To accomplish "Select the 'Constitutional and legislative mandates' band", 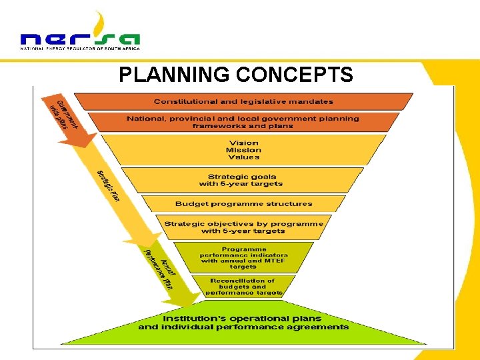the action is (x=243, y=101).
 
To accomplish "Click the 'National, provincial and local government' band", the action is (x=243, y=122).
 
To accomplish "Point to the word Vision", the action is (x=243, y=143).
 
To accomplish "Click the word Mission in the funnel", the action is (x=243, y=150).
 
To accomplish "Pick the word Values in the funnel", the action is (x=243, y=157).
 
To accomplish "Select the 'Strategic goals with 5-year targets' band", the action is (x=241, y=180).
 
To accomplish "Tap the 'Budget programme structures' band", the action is (x=243, y=203).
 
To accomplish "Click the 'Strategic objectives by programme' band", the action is (x=243, y=227).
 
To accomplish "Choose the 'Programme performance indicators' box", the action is (x=243, y=258).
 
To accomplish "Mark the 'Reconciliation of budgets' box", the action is (x=243, y=287).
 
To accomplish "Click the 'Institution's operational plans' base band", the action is (x=243, y=323).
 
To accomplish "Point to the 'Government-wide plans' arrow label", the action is (x=67, y=115).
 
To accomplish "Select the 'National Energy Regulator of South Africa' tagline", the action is (x=80, y=49).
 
